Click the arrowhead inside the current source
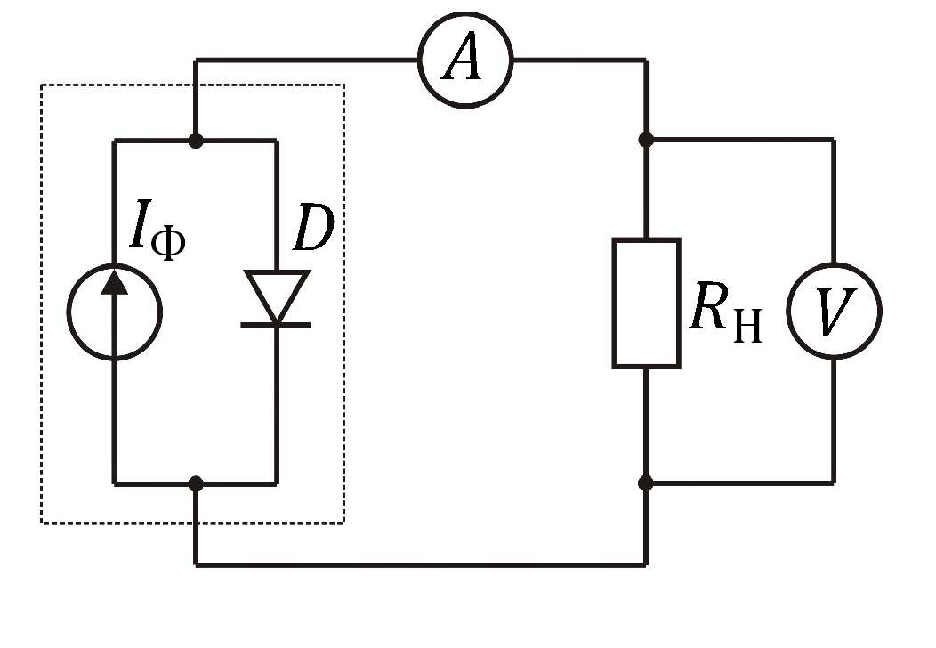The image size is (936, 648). click(x=114, y=282)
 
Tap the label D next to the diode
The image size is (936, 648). click(x=313, y=228)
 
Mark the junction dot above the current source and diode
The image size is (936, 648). click(x=195, y=141)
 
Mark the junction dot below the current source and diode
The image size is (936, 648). click(x=195, y=483)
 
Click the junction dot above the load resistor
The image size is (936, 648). click(x=646, y=140)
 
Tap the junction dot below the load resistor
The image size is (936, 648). click(x=646, y=482)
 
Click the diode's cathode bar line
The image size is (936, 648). click(x=276, y=324)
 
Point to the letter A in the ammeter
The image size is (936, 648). click(x=462, y=61)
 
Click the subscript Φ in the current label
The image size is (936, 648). click(x=168, y=245)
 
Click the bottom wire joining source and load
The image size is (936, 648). click(x=421, y=563)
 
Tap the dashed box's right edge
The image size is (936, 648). click(x=343, y=304)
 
